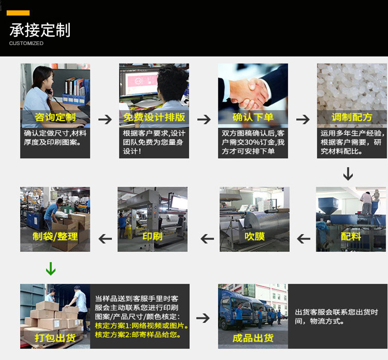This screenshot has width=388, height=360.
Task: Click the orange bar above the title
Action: point(18,13)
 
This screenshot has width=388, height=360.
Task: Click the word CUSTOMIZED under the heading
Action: point(26,44)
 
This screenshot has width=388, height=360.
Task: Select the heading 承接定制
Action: point(40,30)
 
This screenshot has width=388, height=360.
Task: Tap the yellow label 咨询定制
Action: point(55,117)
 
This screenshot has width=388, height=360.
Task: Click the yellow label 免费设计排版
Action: point(154,117)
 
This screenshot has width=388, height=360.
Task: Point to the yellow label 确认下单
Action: point(253,117)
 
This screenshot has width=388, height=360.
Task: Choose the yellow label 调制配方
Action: point(352,117)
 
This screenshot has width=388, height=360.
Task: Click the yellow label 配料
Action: point(351,237)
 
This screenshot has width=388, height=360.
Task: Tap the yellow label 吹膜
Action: point(255,237)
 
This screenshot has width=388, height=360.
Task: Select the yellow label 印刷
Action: point(153,237)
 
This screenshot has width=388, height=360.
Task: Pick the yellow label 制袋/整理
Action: point(55,237)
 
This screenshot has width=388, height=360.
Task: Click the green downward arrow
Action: point(51,269)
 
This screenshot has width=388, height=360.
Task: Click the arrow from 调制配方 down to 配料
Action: point(348,174)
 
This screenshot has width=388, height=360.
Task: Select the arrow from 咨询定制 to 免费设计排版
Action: point(105,120)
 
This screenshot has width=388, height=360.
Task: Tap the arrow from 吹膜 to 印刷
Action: point(207,239)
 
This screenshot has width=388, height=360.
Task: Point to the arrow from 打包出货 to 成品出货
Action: point(203,318)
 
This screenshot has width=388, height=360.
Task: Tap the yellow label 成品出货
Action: point(253,338)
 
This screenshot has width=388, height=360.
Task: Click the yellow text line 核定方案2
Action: point(138,335)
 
